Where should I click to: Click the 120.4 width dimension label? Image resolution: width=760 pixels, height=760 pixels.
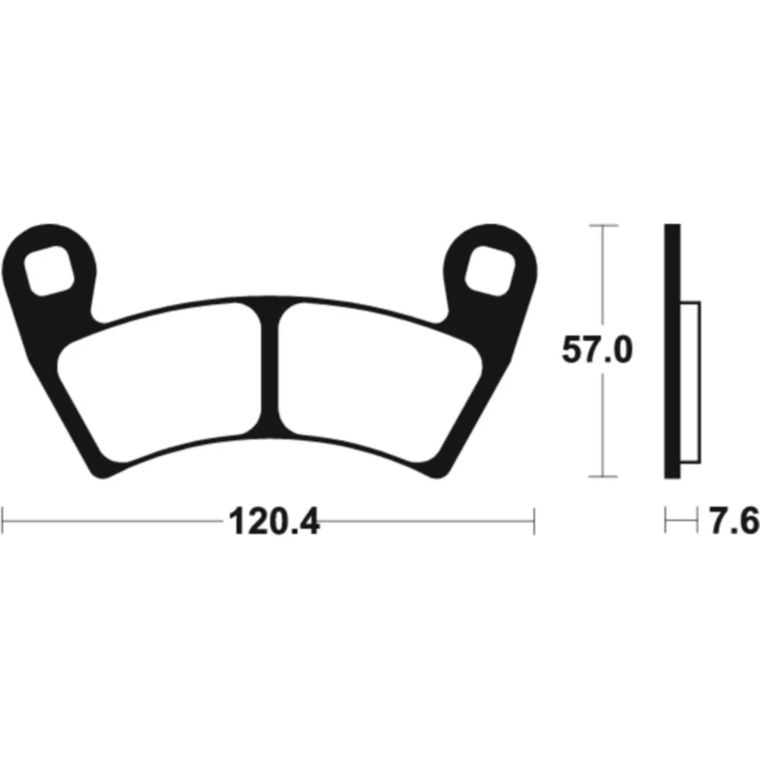(x=274, y=521)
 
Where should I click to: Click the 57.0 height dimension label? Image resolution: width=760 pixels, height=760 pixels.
(x=597, y=350)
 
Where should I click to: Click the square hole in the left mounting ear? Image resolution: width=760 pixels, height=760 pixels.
(x=49, y=271)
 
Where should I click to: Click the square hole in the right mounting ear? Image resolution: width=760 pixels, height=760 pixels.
(x=490, y=271)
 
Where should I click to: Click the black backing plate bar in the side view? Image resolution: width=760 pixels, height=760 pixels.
(x=673, y=351)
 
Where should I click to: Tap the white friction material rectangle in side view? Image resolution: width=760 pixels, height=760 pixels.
(x=690, y=382)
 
